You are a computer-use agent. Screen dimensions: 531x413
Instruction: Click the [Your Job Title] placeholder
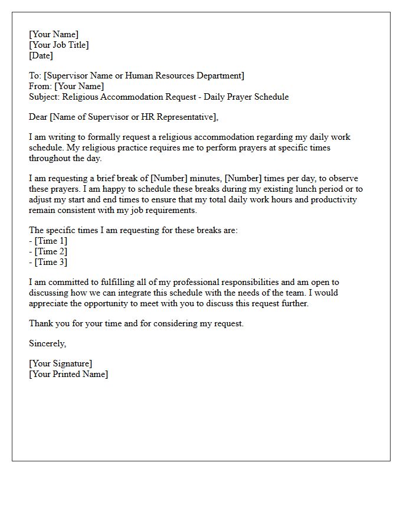(x=59, y=45)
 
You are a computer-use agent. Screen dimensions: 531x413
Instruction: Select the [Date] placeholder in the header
(x=41, y=55)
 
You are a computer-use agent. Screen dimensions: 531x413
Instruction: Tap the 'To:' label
(x=35, y=76)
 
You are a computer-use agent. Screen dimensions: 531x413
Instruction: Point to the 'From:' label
(x=40, y=86)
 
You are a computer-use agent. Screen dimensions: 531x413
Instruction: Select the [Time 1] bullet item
(x=51, y=241)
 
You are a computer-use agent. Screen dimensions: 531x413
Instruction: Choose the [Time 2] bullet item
(x=51, y=251)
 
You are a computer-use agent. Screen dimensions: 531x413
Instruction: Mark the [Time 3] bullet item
(x=51, y=262)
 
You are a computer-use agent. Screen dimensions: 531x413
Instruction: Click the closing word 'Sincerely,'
(x=48, y=343)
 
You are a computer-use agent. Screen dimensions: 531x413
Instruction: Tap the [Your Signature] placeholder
(x=61, y=363)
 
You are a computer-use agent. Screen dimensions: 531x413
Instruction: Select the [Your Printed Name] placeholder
(x=68, y=374)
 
